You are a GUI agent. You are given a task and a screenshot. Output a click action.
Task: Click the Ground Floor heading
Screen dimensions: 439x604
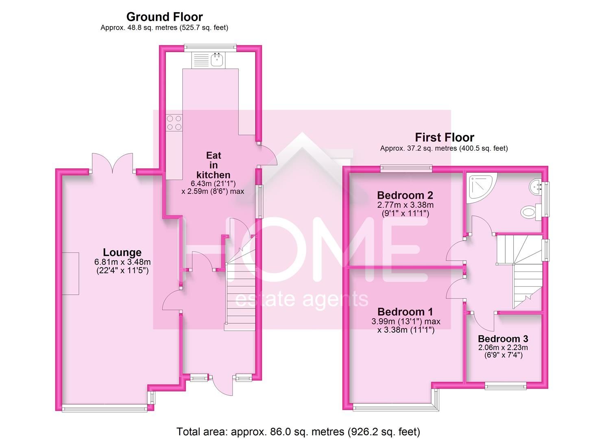pos(164,17)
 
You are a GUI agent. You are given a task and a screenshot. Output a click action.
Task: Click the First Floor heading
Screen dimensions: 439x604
pos(444,137)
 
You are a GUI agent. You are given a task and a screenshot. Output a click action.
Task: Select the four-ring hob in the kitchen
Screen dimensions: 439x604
pos(174,123)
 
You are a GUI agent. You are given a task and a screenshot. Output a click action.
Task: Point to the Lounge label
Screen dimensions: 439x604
pos(122,252)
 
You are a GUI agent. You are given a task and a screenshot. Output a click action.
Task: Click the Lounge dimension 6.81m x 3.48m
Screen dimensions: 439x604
pos(122,262)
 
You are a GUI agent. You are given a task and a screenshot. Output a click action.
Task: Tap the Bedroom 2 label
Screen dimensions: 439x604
pos(405,195)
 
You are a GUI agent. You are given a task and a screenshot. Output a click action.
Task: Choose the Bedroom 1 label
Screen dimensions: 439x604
pos(405,312)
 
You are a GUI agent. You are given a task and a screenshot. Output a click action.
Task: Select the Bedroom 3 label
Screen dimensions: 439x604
pos(503,339)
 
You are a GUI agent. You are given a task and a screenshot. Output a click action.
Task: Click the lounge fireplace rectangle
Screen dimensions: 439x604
pos(70,273)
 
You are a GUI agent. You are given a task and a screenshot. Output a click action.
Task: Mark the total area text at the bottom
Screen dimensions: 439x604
pos(298,431)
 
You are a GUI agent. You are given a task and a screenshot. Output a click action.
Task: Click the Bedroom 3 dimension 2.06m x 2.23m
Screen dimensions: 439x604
pos(503,348)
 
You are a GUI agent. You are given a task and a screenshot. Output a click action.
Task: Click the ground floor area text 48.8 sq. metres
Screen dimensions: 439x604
pos(164,28)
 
